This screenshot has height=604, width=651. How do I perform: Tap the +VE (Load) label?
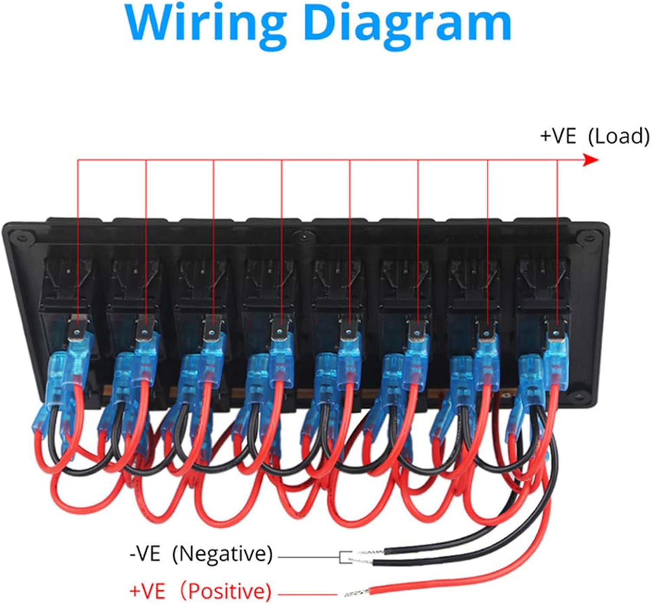[595, 136]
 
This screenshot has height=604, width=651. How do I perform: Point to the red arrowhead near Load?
[590, 160]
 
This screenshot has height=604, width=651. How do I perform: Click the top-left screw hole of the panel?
[22, 236]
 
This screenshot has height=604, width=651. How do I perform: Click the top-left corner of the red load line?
[78, 160]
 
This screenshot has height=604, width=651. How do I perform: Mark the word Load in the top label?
[619, 136]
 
